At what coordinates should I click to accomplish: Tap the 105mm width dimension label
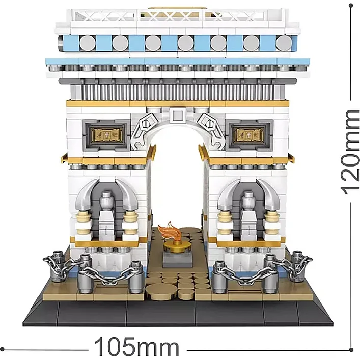[x=137, y=347]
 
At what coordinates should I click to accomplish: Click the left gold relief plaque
[x=107, y=134]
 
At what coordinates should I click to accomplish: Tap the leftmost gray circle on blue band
[x=88, y=43]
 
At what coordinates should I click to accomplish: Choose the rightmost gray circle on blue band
[x=284, y=43]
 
